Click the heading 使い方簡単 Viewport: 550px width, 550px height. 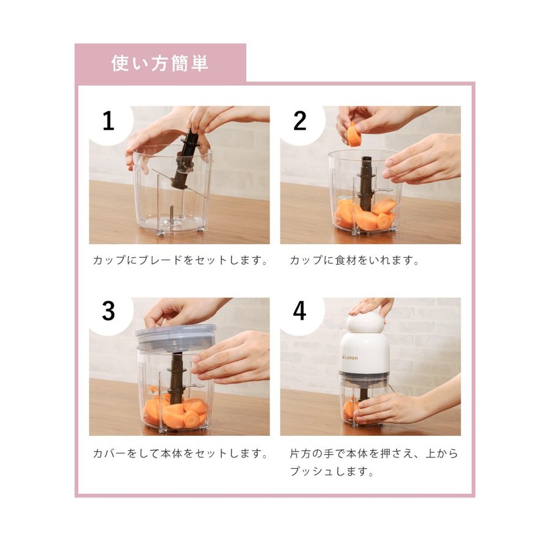pos(160,64)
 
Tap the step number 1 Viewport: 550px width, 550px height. pos(108,121)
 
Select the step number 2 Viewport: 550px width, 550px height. pos(299,121)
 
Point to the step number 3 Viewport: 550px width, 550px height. pos(108,311)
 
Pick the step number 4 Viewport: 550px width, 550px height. pos(299,311)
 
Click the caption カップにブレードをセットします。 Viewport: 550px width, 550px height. pos(180,260)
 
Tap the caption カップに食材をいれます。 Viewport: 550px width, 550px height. pos(354,260)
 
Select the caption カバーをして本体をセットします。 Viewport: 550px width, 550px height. pos(180,453)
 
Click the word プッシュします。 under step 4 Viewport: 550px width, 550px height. pos(332,471)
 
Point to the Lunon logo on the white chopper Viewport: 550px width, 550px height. pos(349,358)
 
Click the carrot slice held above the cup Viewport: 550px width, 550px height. pos(354,134)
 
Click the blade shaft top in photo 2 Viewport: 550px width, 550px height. pos(366,163)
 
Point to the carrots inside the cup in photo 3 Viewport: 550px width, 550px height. pos(175,411)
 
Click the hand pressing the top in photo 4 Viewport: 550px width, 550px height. pos(371,307)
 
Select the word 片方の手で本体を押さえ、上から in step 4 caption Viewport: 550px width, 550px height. pos(374,453)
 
